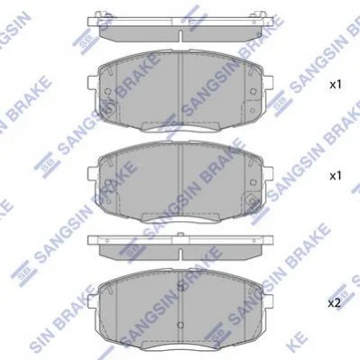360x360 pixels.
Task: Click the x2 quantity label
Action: click(335, 303)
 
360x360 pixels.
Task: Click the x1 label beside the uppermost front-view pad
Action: click(336, 85)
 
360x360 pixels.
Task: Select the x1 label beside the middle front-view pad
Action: click(336, 176)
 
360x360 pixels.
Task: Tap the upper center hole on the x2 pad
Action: click(180, 287)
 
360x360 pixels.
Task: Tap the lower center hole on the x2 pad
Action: click(180, 325)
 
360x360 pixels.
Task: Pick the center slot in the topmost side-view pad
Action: click(180, 36)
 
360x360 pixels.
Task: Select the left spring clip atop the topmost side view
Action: click(99, 14)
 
